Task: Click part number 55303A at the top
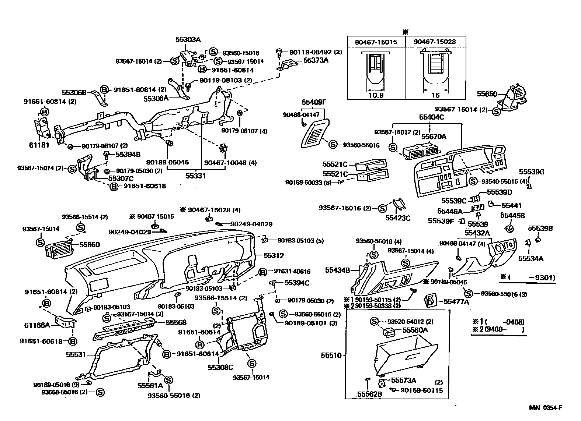188,40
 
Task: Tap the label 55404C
431,117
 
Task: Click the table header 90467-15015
376,42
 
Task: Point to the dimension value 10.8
376,95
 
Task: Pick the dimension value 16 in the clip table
435,95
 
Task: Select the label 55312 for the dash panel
274,255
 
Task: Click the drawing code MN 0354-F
546,408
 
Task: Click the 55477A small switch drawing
431,301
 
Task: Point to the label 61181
39,145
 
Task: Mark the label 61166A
37,325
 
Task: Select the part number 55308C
220,367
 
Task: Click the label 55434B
337,270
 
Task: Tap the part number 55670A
434,137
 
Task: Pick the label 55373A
316,60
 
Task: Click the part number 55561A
150,385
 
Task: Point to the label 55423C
398,218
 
